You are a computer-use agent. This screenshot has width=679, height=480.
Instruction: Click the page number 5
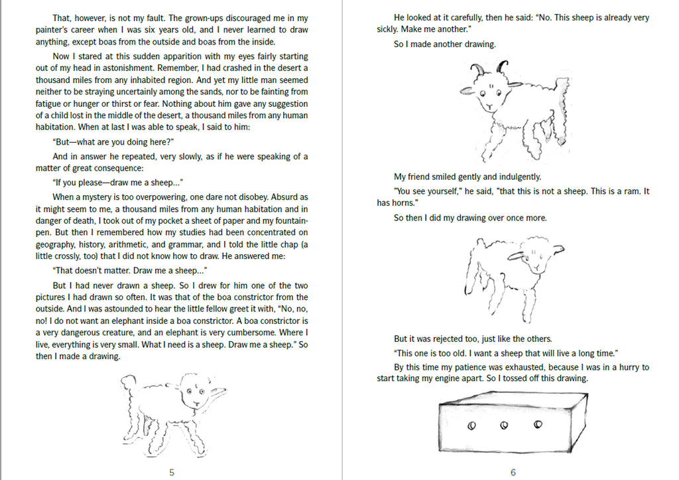(x=172, y=472)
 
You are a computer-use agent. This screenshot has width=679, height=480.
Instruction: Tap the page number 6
(x=513, y=472)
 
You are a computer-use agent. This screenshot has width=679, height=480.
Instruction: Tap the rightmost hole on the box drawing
(x=538, y=424)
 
